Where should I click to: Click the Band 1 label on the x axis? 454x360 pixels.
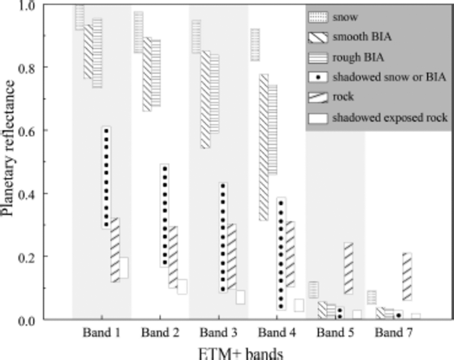click(x=102, y=332)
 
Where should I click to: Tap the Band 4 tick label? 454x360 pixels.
click(x=277, y=332)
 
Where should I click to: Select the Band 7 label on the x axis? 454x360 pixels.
click(x=394, y=332)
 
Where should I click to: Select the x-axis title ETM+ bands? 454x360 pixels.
click(x=240, y=354)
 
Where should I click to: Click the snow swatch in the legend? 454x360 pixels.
click(x=318, y=17)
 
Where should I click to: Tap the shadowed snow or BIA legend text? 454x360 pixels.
click(x=389, y=77)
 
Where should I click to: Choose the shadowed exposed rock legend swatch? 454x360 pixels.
click(x=318, y=118)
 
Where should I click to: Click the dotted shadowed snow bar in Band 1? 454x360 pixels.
click(x=106, y=177)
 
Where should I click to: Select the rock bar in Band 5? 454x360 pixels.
click(x=349, y=268)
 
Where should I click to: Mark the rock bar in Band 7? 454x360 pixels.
click(x=407, y=276)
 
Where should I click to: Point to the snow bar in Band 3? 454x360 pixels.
click(x=196, y=37)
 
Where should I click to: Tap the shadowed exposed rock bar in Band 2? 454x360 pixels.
click(x=182, y=287)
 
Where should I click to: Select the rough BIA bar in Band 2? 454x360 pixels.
click(x=156, y=73)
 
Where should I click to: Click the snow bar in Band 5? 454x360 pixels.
click(x=314, y=290)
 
